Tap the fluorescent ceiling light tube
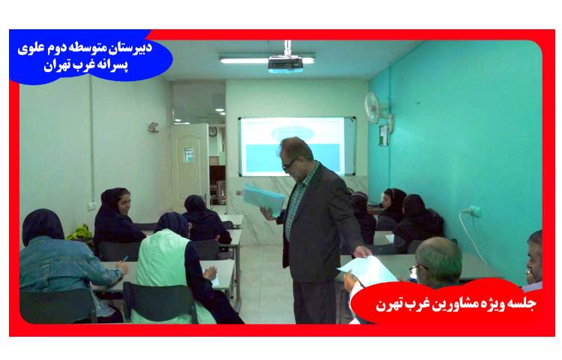(252, 57)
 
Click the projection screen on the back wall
(296, 144)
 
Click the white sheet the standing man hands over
(366, 270)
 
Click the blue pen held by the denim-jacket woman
(123, 259)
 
